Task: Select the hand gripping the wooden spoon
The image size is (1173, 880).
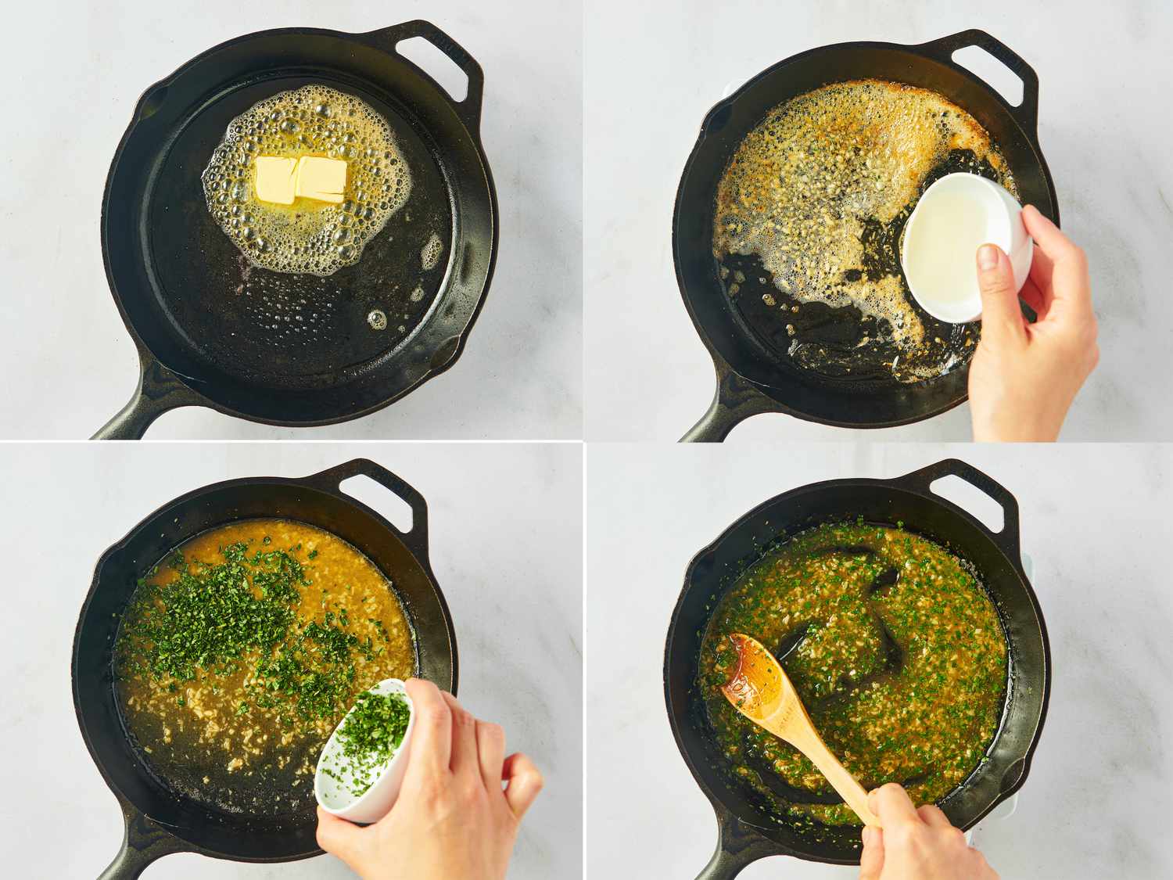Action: point(923,837)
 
